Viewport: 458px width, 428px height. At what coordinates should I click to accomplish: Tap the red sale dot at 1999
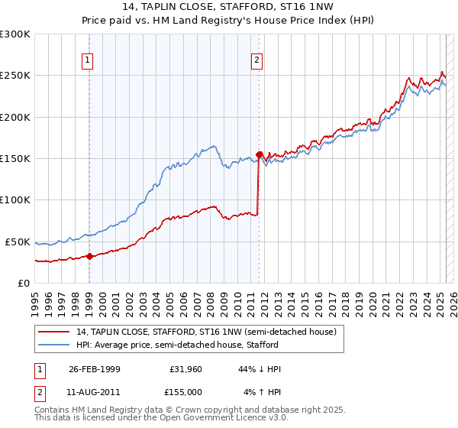(x=89, y=256)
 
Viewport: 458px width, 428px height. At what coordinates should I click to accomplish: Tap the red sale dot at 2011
(x=259, y=154)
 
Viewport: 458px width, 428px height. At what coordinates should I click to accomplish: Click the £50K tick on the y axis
(x=18, y=242)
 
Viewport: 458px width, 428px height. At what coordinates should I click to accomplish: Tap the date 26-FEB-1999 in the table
(x=94, y=369)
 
